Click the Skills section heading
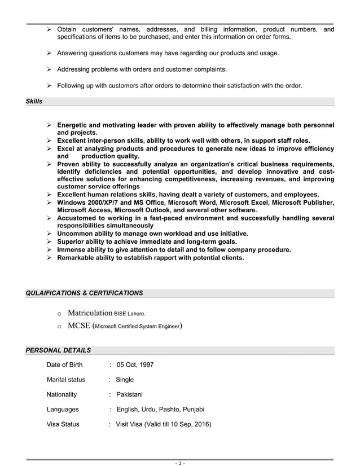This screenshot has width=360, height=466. pos(34,102)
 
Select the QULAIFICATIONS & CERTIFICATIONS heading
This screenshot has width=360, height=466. pos(84,293)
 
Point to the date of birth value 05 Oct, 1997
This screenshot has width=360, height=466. pos(135,365)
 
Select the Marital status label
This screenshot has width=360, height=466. pos(65,380)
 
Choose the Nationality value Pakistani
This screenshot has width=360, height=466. pos(131,394)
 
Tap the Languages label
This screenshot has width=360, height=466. pos(63,410)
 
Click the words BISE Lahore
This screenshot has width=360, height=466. pos(130,313)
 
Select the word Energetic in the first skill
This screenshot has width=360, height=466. pos(74,125)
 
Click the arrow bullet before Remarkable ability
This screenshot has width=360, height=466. pos(49,257)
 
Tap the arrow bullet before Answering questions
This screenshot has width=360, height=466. pos(49,53)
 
